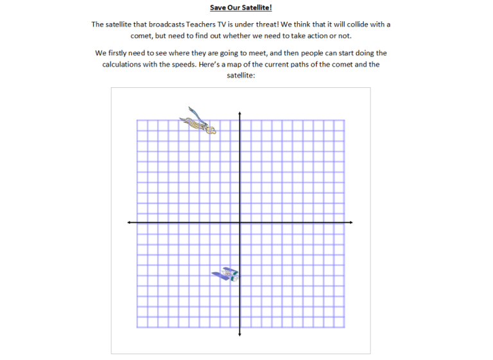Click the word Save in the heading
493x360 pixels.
(219, 8)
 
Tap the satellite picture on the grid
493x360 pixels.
(226, 275)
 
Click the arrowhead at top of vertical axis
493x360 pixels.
(239, 114)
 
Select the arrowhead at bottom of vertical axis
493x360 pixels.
(239, 334)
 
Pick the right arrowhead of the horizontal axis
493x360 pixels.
(350, 223)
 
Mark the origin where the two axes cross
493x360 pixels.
(239, 223)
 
